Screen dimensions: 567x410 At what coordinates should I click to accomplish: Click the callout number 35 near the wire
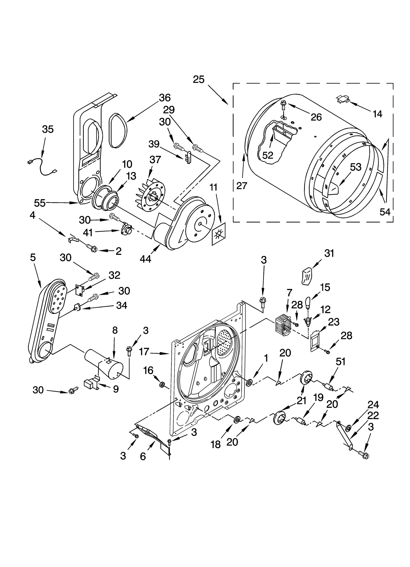[x=48, y=129]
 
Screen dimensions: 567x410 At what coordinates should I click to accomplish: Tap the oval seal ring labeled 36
[x=118, y=131]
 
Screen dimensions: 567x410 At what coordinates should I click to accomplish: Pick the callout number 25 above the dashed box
[x=198, y=79]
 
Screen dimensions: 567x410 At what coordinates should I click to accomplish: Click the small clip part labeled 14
[x=343, y=99]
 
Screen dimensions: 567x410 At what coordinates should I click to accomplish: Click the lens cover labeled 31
[x=307, y=276]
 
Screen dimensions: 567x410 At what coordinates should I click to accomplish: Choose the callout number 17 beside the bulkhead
[x=144, y=352]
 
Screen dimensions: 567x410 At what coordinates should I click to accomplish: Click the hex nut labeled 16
[x=162, y=384]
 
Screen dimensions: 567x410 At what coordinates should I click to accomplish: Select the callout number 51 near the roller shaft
[x=340, y=362]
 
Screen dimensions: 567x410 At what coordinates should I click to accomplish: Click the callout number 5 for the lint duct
[x=33, y=257]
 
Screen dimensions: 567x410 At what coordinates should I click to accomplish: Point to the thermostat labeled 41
[x=126, y=229]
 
